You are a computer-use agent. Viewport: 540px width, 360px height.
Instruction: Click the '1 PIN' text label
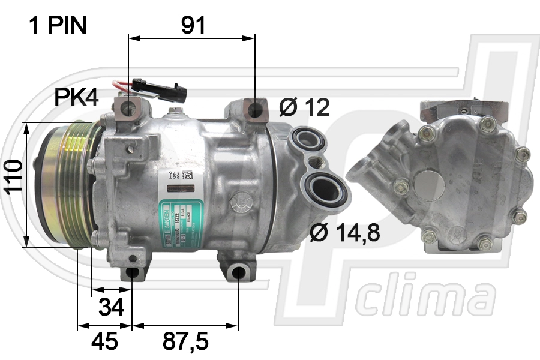click(58, 25)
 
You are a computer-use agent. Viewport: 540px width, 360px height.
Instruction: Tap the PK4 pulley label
click(76, 97)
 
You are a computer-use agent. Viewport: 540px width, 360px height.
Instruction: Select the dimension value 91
click(193, 25)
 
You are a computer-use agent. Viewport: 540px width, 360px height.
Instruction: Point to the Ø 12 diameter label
click(305, 107)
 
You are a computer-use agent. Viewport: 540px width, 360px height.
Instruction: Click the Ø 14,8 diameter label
click(345, 233)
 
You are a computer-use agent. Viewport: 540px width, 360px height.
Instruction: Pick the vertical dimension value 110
click(12, 177)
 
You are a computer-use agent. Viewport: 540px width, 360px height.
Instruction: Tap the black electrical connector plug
click(160, 89)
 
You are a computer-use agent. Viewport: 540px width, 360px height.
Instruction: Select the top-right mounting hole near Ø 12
click(256, 110)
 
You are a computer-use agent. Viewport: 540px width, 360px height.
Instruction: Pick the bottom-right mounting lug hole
click(238, 273)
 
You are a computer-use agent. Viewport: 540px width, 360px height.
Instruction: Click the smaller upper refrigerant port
click(309, 142)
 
